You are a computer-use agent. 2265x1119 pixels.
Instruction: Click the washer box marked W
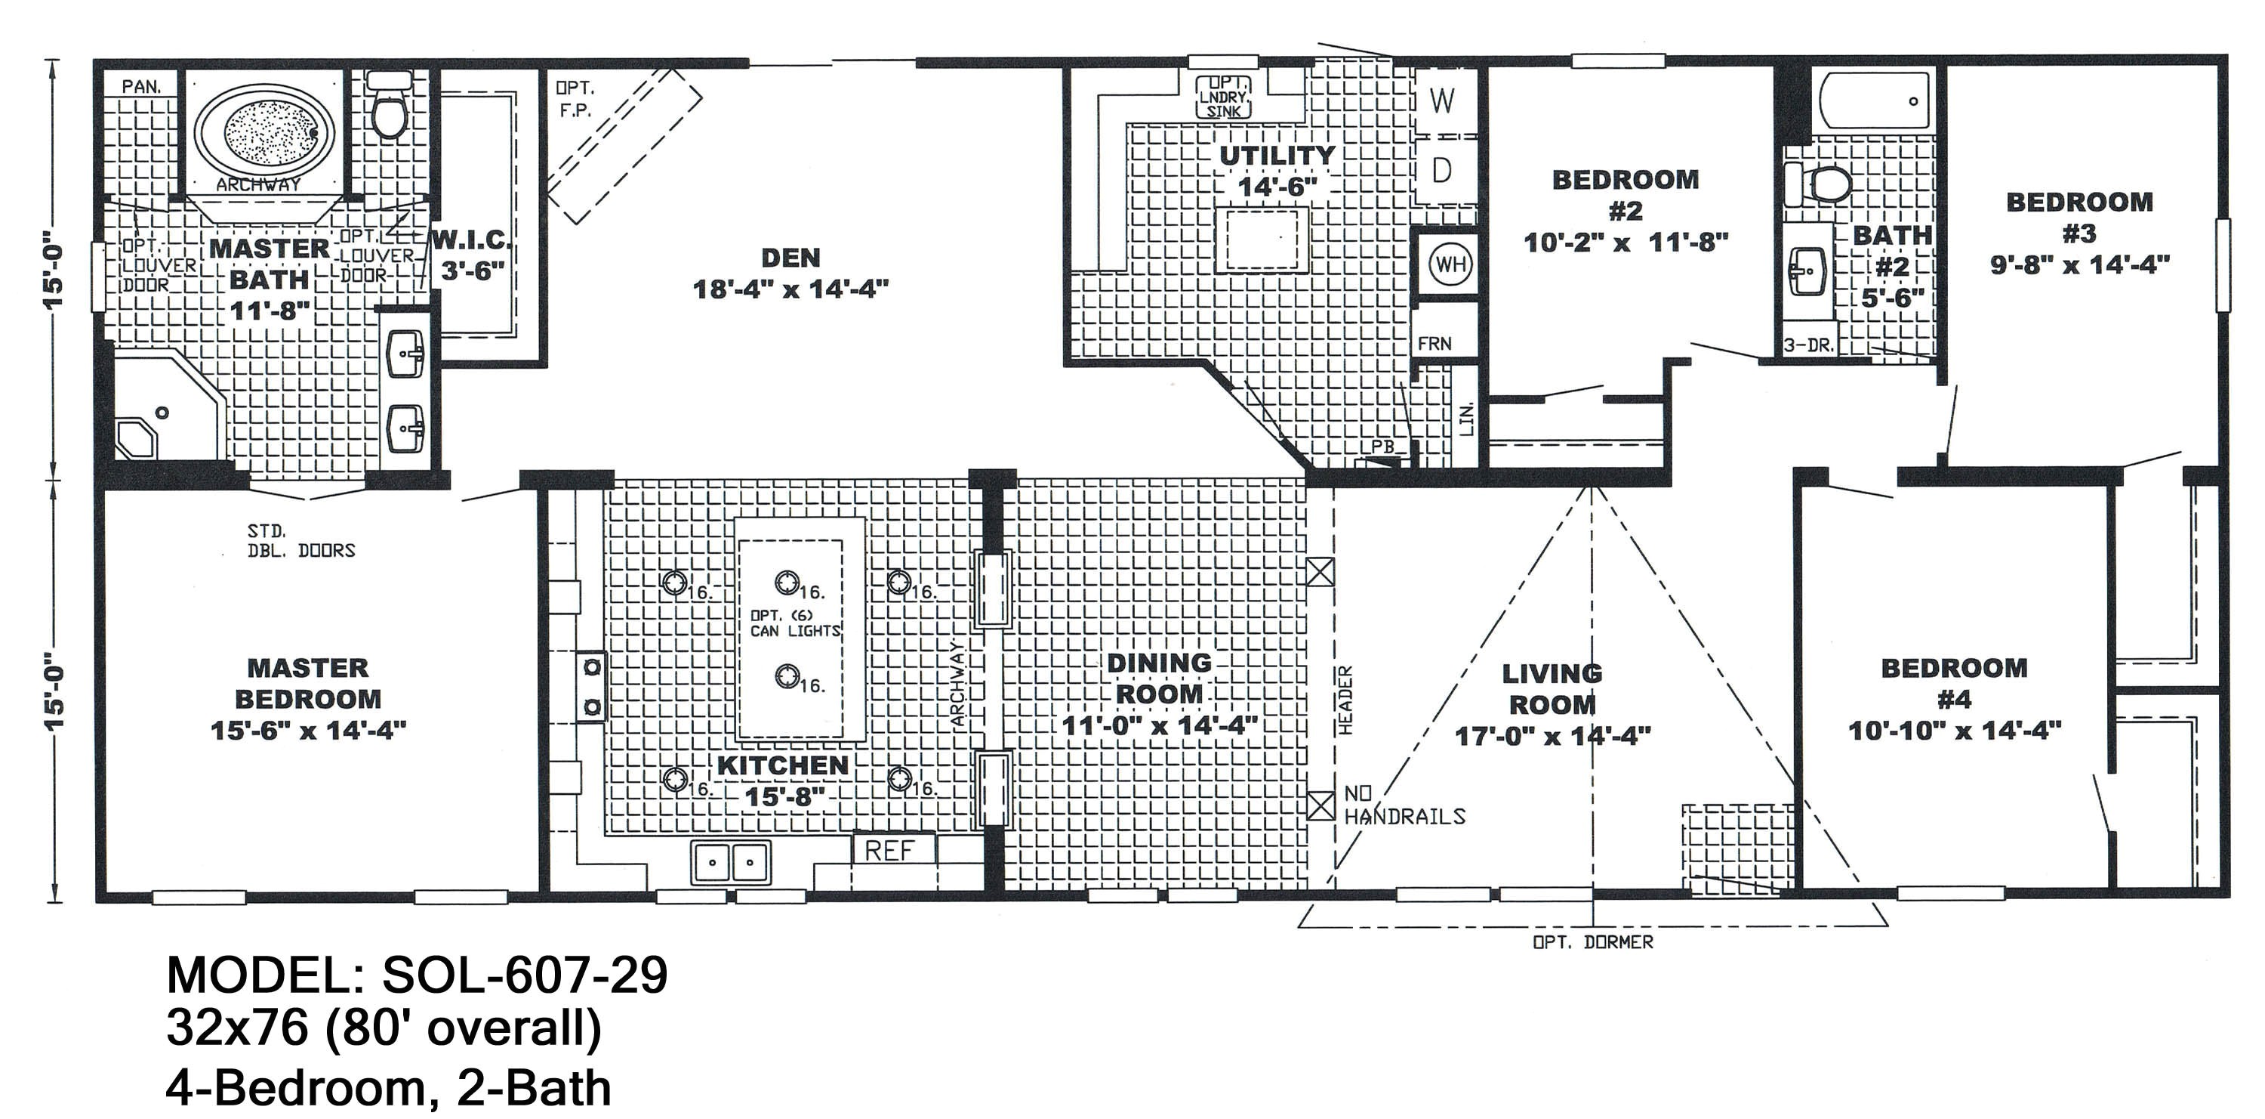point(1442,101)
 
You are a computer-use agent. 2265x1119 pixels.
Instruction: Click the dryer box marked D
point(1442,170)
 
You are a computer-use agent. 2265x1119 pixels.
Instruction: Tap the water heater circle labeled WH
point(1449,264)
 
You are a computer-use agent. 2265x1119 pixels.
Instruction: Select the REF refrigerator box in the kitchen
point(891,850)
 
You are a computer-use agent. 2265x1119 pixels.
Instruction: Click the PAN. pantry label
point(140,86)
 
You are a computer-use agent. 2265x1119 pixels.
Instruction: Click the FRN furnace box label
point(1434,344)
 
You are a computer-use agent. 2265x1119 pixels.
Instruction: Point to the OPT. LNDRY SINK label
point(1224,96)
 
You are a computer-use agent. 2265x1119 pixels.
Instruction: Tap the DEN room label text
point(790,258)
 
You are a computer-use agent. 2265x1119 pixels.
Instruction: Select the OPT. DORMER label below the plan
point(1592,942)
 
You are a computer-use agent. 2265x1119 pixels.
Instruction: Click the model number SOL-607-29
point(525,975)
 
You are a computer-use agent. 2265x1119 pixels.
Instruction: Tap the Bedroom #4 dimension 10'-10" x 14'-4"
point(1954,730)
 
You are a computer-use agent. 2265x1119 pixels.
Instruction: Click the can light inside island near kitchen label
point(787,675)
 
